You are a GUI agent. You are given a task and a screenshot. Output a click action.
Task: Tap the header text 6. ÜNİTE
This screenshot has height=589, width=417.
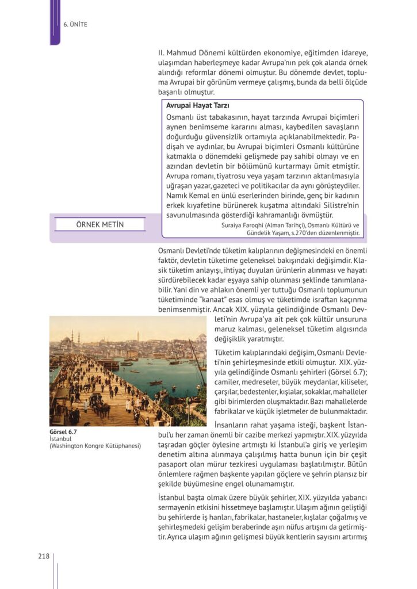(x=75, y=24)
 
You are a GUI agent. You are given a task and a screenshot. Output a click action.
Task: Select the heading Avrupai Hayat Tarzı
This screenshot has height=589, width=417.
(x=198, y=106)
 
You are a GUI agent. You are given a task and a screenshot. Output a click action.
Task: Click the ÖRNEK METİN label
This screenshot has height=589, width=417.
(x=100, y=224)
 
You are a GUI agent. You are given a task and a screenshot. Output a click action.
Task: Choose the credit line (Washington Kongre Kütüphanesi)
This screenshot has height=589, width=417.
(x=95, y=445)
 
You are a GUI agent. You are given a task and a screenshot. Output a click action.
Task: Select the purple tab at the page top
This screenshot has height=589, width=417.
(x=55, y=22)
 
